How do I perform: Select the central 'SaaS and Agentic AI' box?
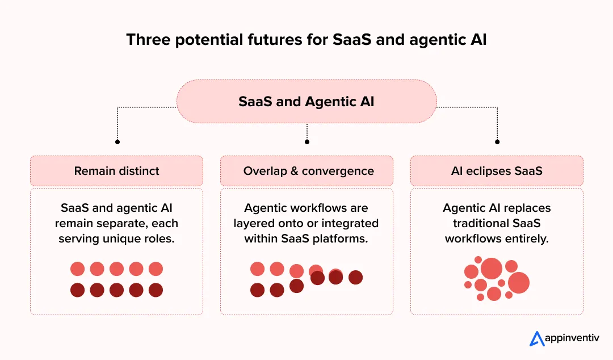point(306,102)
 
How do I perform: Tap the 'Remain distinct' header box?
point(116,171)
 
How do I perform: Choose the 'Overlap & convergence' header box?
point(306,171)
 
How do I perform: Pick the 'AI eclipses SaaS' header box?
point(497,171)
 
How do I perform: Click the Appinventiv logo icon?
point(537,338)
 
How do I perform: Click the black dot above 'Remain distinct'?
point(117,141)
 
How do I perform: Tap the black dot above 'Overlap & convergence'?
point(307,141)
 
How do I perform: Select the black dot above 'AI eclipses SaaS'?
point(497,141)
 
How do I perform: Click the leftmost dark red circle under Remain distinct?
point(77,290)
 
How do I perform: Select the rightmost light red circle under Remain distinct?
point(156,269)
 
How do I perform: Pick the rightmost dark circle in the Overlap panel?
point(355,277)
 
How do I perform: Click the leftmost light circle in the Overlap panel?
point(258,269)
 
